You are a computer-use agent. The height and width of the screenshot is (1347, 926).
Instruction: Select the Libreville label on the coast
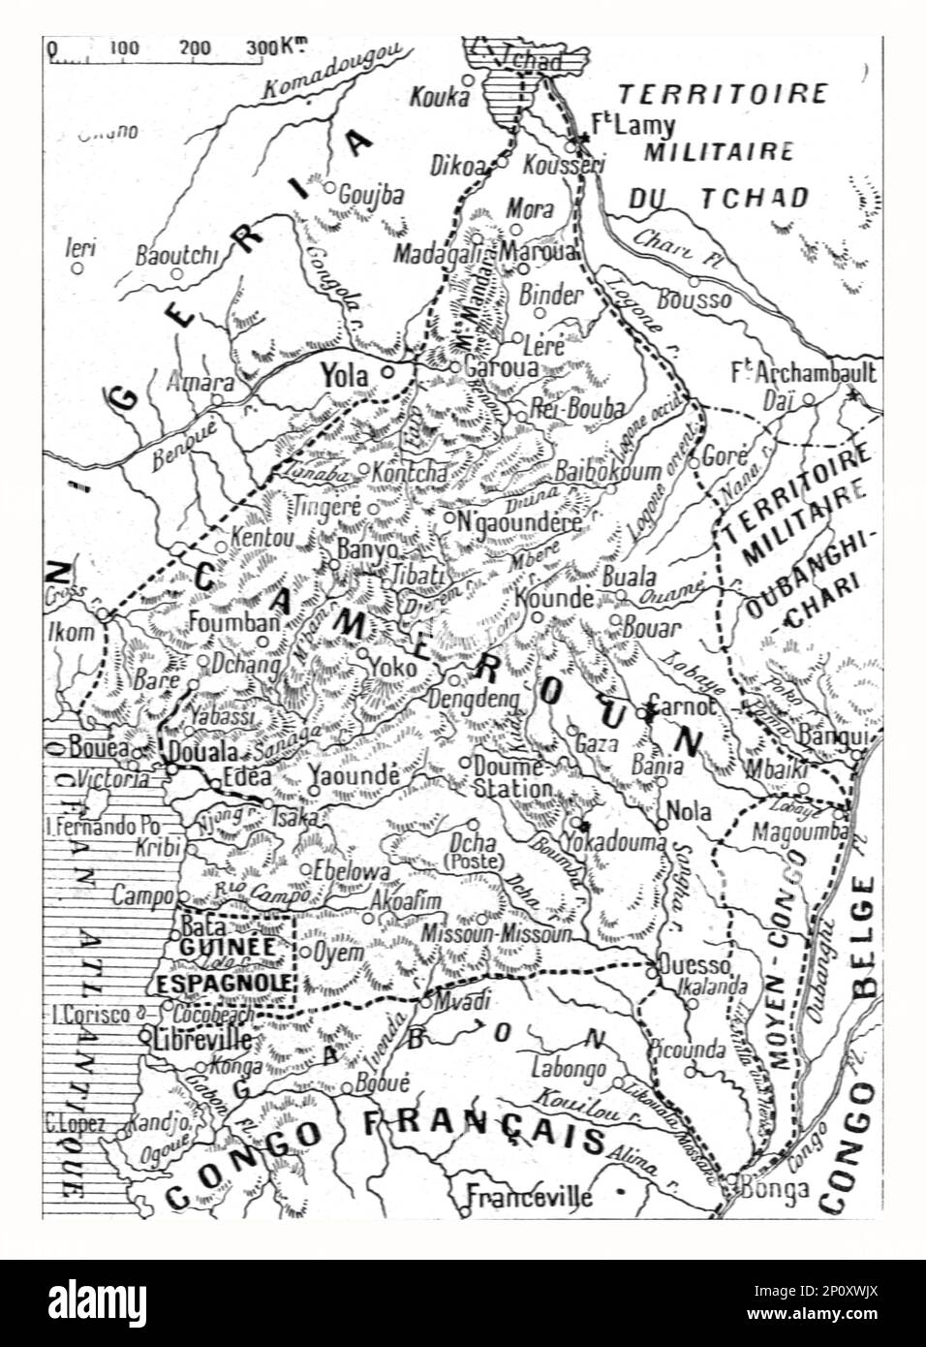(202, 1038)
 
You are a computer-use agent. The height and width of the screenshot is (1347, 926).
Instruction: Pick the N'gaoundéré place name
(519, 522)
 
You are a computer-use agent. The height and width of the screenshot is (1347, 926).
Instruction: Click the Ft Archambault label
(805, 374)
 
